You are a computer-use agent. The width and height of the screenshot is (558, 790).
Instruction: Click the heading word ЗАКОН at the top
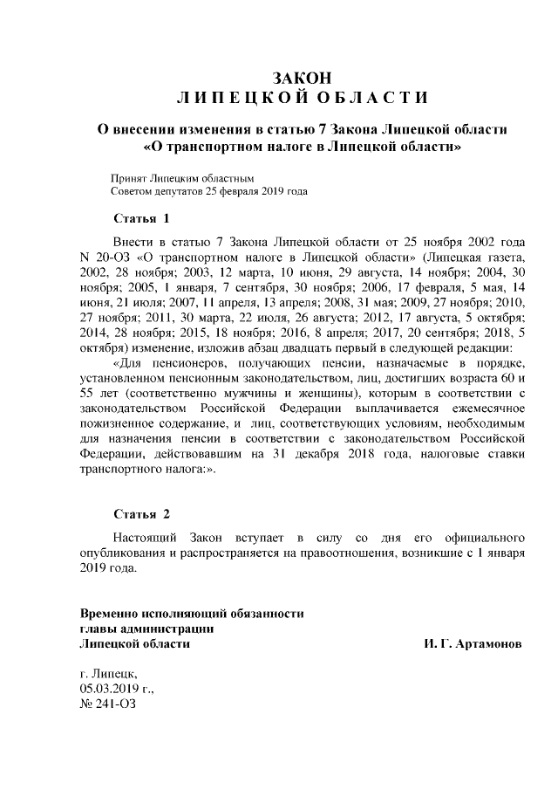[x=302, y=79]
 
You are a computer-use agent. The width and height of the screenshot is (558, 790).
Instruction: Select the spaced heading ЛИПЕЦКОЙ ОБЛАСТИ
[x=302, y=96]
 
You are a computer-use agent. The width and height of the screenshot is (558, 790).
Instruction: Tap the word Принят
[x=127, y=177]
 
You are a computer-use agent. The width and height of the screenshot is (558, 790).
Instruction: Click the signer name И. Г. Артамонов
[x=473, y=643]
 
